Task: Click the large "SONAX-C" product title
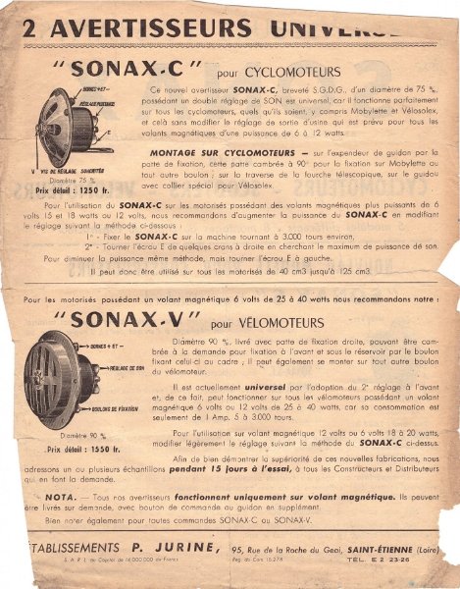(146, 71)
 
